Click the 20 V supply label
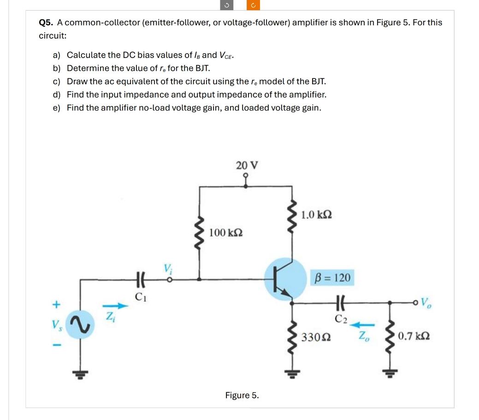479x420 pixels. [247, 165]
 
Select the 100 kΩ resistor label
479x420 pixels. [226, 233]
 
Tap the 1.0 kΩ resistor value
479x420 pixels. [316, 215]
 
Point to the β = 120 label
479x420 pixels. [332, 277]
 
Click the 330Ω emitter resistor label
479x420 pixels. [316, 337]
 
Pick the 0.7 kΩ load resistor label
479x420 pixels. [414, 336]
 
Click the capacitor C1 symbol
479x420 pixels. [141, 280]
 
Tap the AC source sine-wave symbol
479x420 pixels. [80, 325]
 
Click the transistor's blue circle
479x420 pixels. [285, 279]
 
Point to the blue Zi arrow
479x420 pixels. [115, 305]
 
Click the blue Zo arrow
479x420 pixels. [362, 325]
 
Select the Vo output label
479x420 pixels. [426, 303]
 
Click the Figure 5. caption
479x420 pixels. [242, 395]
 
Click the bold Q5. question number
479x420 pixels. [46, 23]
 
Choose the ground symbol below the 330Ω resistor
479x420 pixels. [292, 374]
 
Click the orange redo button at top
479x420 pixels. [253, 5]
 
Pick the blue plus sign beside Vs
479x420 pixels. [56, 304]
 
